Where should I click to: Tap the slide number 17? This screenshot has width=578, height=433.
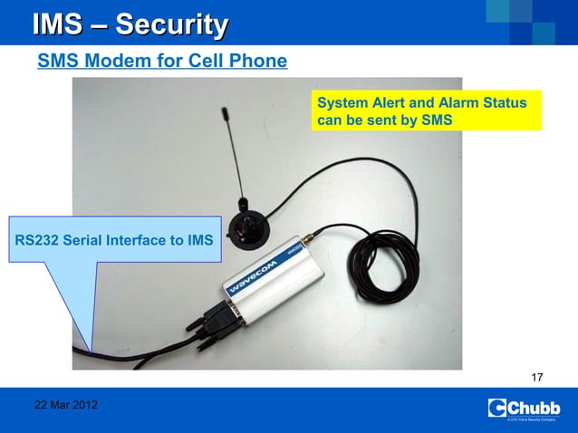click(537, 377)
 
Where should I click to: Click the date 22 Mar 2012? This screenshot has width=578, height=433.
click(66, 404)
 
